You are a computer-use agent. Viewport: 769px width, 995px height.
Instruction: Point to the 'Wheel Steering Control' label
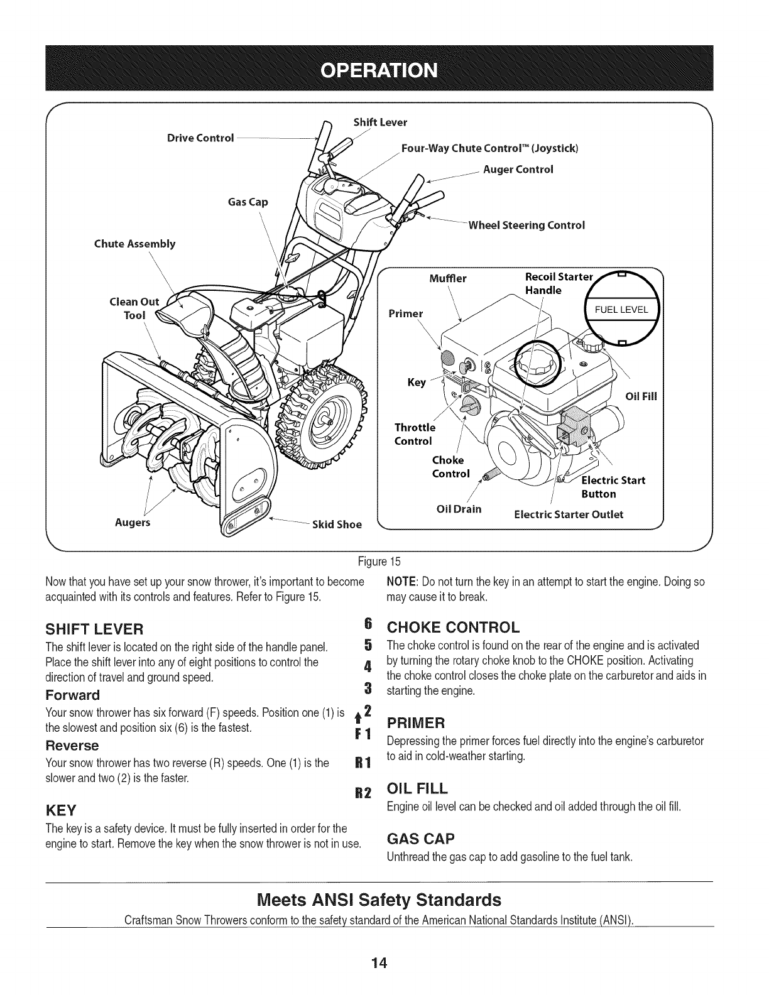pyautogui.click(x=527, y=225)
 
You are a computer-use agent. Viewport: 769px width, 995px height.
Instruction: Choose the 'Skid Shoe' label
pyautogui.click(x=337, y=525)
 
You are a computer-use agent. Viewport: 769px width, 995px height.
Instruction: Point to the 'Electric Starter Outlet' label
pyautogui.click(x=569, y=514)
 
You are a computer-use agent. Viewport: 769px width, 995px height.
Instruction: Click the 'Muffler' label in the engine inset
pyautogui.click(x=448, y=278)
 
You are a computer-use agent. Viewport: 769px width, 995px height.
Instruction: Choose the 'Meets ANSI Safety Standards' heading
pyautogui.click(x=380, y=900)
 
